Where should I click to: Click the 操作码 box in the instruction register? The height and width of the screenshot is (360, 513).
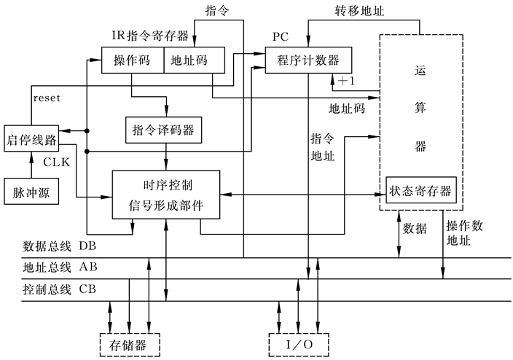pos(132,60)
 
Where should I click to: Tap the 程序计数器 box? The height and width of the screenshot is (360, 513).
pos(308,60)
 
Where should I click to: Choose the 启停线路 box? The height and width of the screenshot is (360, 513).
pos(31,138)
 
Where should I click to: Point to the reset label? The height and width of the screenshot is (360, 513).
pos(47,97)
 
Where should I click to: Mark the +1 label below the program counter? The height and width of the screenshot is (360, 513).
pos(346,82)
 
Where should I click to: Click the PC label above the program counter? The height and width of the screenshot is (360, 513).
pos(281,36)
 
